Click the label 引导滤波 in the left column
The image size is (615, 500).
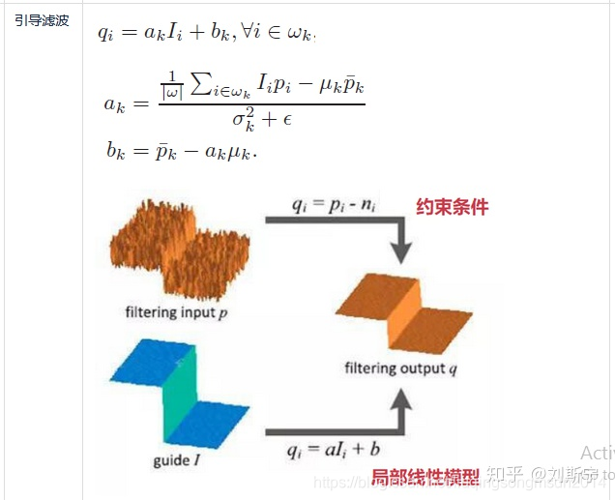[x=42, y=20]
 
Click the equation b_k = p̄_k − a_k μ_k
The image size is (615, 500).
[x=181, y=152]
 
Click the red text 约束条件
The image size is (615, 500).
[x=453, y=207]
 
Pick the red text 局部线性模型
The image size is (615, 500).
[x=425, y=477]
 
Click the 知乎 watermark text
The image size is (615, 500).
[x=505, y=474]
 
